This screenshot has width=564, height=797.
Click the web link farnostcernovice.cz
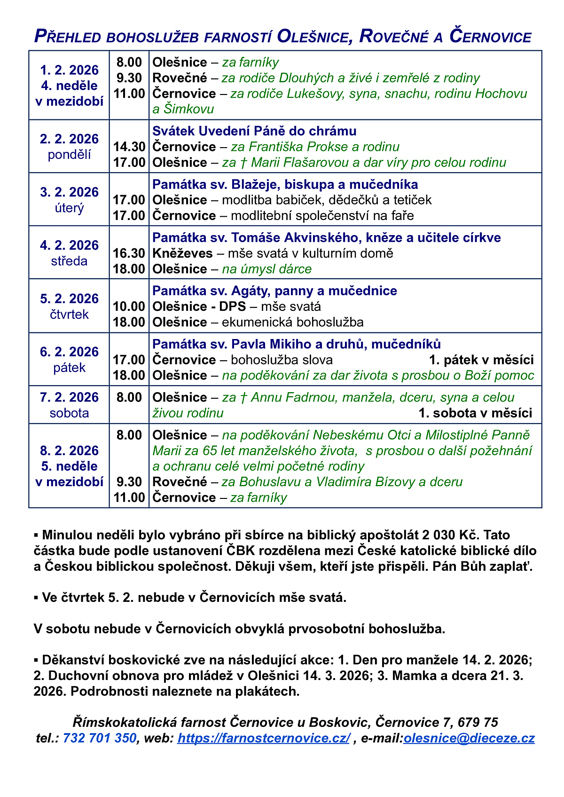pyautogui.click(x=263, y=738)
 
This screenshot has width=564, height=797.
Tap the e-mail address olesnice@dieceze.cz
pyautogui.click(x=469, y=738)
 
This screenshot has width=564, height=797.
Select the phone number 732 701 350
pyautogui.click(x=100, y=738)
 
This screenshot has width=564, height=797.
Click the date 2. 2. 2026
pyautogui.click(x=70, y=139)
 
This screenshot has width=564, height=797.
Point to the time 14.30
pyautogui.click(x=129, y=147)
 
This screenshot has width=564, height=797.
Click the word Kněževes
pyautogui.click(x=182, y=253)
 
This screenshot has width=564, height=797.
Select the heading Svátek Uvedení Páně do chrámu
pyautogui.click(x=254, y=131)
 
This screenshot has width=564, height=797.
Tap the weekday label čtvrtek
pyautogui.click(x=70, y=315)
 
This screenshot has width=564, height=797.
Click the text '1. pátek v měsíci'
pyautogui.click(x=481, y=360)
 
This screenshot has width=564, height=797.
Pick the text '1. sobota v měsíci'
pyautogui.click(x=475, y=413)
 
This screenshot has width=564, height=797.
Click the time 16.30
pyautogui.click(x=129, y=253)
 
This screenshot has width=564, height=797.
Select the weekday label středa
pyautogui.click(x=70, y=261)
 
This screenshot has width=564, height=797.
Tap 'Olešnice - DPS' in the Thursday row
pyautogui.click(x=199, y=307)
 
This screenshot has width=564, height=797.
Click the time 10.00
pyautogui.click(x=129, y=307)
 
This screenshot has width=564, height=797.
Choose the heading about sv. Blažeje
pyautogui.click(x=285, y=184)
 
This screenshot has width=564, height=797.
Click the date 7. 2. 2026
pyautogui.click(x=70, y=398)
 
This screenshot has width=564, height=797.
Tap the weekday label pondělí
pyautogui.click(x=70, y=155)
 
